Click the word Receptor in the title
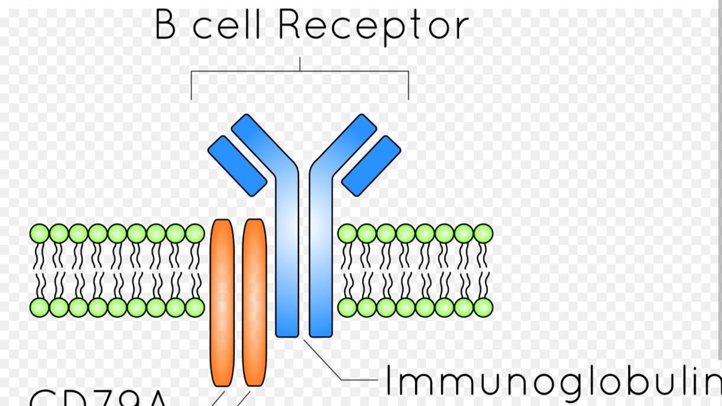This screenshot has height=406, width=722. coord(373,25)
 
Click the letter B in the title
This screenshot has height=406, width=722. coord(165,25)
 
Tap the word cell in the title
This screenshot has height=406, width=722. coord(226,25)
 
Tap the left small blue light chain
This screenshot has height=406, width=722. coord(237,166)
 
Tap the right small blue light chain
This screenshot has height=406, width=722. coord(371,166)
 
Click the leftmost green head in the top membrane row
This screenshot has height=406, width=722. coord(39,233)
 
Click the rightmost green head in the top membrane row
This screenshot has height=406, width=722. coord(483,233)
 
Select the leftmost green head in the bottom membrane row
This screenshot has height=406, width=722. coord(39,307)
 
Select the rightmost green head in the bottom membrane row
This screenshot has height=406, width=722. coord(483,307)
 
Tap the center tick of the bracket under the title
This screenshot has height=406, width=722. coord(300,64)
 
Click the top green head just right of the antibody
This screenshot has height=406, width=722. coord(347,233)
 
